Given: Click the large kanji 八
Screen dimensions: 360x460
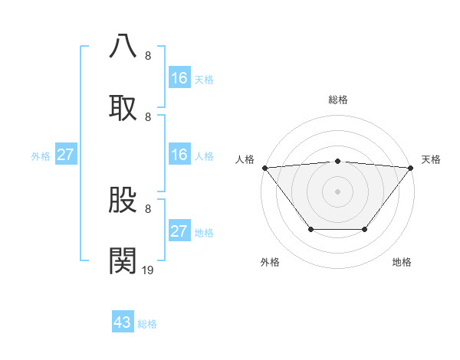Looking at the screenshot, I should [123, 45].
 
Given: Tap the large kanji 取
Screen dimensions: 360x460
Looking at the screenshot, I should [123, 107].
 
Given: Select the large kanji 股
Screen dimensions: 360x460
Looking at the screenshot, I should [123, 200].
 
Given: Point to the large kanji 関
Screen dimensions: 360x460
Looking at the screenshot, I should [123, 261].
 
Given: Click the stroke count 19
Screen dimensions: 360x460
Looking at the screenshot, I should [148, 270].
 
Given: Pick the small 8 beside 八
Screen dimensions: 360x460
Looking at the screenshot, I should [148, 55].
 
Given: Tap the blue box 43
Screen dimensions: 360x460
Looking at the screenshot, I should [123, 322].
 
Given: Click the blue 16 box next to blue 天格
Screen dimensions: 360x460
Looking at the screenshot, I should [179, 78].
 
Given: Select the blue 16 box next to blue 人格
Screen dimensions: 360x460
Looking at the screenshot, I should [179, 155].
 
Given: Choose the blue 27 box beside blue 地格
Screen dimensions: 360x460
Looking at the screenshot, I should [179, 231].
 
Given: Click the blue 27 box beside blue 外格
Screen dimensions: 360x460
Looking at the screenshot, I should [65, 155].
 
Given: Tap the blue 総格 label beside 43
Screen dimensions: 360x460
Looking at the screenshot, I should [148, 324].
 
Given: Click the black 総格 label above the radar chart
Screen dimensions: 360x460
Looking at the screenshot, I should [338, 100].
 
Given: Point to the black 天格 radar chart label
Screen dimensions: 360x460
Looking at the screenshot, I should [431, 159].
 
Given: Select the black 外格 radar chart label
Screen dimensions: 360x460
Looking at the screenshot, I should [270, 262].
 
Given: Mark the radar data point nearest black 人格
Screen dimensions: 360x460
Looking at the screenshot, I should [264, 168].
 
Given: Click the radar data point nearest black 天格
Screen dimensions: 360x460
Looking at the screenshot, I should [411, 168].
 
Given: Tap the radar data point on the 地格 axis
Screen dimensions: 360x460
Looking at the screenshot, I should [365, 229].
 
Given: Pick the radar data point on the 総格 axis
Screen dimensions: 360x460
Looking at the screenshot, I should [338, 161].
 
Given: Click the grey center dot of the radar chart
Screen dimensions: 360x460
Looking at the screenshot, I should [338, 191].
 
